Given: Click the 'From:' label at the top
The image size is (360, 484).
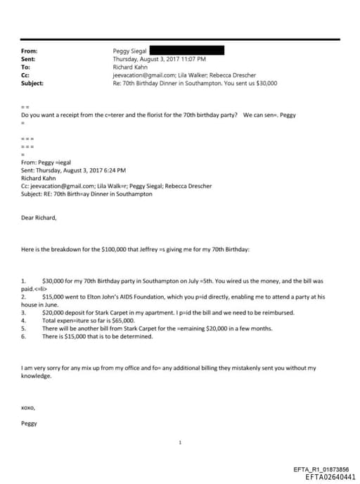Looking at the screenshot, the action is click(x=30, y=51).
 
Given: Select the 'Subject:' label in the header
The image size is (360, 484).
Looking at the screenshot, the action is click(x=32, y=83).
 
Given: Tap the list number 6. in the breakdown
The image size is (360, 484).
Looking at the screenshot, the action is click(x=25, y=336).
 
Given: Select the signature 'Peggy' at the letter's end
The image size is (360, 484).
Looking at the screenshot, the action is click(x=30, y=423).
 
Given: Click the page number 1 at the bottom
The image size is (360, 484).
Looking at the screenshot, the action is click(x=180, y=442).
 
